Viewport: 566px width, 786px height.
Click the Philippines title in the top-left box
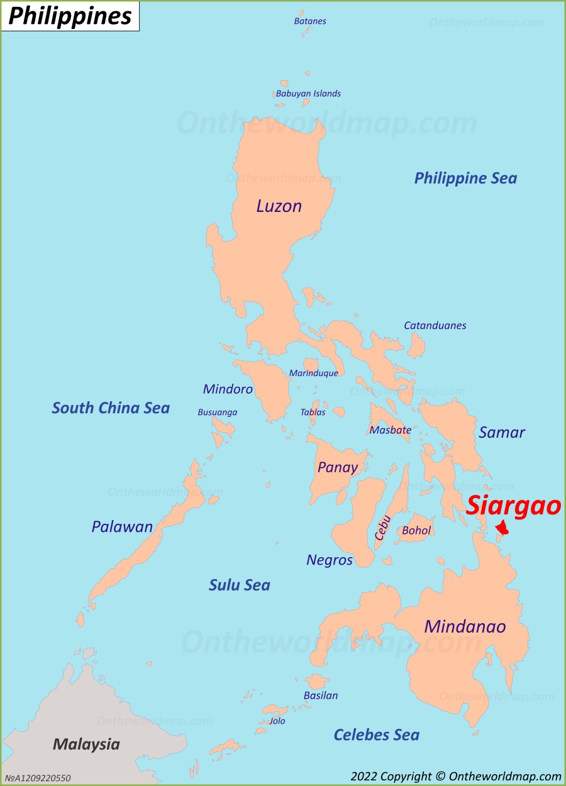point(70,16)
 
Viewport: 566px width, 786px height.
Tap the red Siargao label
point(513,506)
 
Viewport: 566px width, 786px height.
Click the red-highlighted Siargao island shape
point(502,528)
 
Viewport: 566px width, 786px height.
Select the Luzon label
point(279,206)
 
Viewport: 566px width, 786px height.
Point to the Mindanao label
point(465,626)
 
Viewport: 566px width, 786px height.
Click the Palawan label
point(122,527)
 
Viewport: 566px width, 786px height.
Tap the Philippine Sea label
point(465,178)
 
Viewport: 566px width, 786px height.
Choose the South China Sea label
point(111,408)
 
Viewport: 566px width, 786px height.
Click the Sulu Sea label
point(239,585)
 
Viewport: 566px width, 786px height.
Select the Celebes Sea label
point(376,734)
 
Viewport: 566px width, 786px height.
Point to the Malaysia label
point(86,744)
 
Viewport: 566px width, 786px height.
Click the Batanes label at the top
point(310,21)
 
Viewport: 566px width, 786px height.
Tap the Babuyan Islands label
point(308,94)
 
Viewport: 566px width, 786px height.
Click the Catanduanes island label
point(435,326)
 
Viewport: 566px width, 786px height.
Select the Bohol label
point(416,531)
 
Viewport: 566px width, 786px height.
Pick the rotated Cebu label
point(383,528)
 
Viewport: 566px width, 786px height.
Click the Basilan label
point(321,695)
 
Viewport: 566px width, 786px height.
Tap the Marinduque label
point(313,373)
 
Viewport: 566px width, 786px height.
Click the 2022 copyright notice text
point(456,777)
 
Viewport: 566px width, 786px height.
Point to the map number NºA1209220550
point(38,778)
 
